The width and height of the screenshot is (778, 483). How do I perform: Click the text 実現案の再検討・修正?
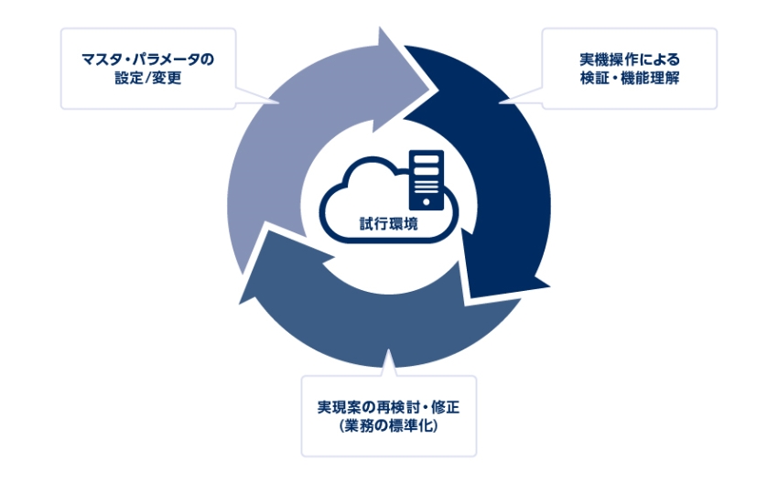point(389,405)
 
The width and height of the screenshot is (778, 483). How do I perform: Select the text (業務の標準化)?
point(389,424)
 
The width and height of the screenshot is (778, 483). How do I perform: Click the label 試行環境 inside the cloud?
point(389,221)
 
